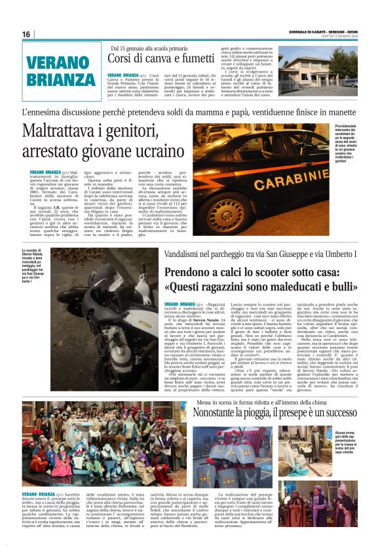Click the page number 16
pyautogui.click(x=26, y=34)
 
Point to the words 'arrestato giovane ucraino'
pyautogui.click(x=103, y=153)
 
